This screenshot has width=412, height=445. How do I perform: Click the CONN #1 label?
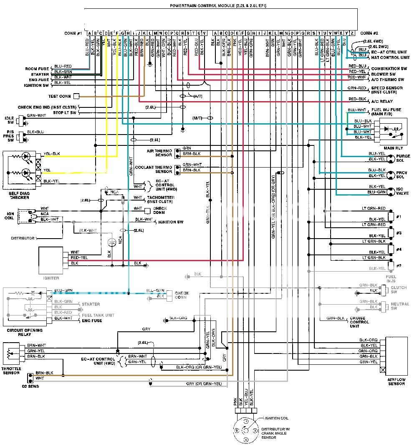tap(73, 33)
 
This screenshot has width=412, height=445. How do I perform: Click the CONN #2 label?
tap(369, 33)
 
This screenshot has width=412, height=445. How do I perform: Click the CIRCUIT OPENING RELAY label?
tap(25, 332)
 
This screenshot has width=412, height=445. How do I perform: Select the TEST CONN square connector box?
tap(76, 97)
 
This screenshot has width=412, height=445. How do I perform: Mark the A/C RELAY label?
tap(382, 101)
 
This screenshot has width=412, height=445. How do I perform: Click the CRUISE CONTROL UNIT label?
tap(359, 322)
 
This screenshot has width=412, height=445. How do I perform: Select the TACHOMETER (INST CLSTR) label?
tap(160, 200)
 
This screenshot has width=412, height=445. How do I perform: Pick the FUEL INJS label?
tap(392, 279)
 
